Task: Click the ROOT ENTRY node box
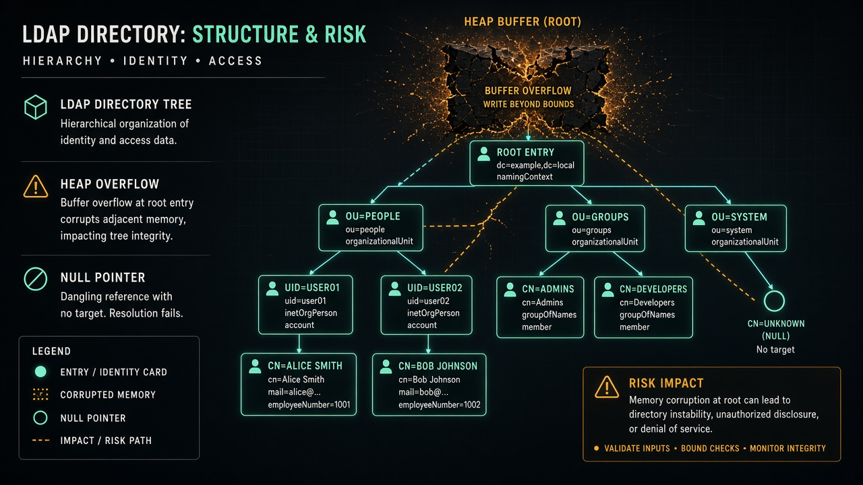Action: [x=527, y=163]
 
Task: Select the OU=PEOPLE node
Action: [x=371, y=228]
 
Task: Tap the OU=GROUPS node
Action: [x=595, y=228]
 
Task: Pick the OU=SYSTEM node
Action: [x=736, y=228]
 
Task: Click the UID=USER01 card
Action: [x=305, y=304]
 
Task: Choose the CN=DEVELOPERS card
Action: [x=643, y=307]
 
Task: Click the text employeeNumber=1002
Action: [x=439, y=405]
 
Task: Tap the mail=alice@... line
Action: [x=295, y=392]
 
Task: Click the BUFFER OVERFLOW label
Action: [x=528, y=91]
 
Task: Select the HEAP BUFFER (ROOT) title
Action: [x=523, y=22]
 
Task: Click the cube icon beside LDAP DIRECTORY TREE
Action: [x=36, y=107]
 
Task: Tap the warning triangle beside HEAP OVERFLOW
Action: [x=36, y=187]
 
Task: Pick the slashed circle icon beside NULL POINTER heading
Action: [x=36, y=279]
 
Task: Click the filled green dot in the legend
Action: [x=40, y=371]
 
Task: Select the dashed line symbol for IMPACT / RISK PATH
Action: [x=41, y=441]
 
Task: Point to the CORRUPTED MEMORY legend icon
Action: [x=40, y=395]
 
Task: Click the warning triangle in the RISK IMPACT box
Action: [x=607, y=387]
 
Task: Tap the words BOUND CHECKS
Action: [x=710, y=449]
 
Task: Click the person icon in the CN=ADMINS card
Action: [x=510, y=290]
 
